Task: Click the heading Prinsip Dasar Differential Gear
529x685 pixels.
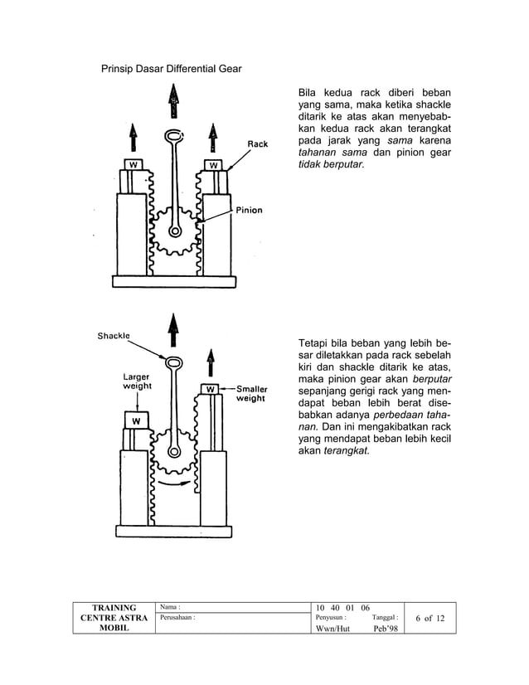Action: [x=171, y=68]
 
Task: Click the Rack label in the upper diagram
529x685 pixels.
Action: [x=258, y=143]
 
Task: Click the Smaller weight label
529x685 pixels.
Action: [x=251, y=393]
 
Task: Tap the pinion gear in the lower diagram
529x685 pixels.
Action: [x=173, y=449]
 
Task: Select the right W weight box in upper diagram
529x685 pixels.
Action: [x=213, y=164]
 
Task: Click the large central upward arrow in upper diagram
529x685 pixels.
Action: [x=172, y=106]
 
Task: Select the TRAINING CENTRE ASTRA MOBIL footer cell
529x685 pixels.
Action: [x=114, y=618]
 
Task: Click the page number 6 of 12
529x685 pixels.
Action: [x=430, y=618]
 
